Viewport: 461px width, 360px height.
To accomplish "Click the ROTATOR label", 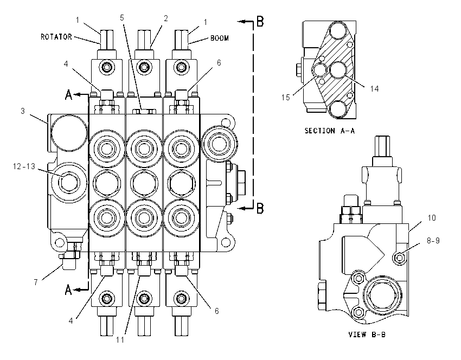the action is [x=56, y=37].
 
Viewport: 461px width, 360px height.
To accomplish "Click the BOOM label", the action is [x=219, y=38].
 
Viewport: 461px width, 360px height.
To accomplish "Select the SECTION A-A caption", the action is [x=330, y=131].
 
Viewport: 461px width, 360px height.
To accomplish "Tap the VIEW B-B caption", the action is [x=367, y=335].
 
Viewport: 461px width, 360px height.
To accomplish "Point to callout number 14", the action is [x=374, y=89].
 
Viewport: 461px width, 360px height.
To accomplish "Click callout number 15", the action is [x=285, y=97].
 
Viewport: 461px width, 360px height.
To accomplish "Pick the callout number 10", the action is [x=432, y=218].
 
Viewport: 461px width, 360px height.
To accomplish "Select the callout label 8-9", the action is [x=433, y=241].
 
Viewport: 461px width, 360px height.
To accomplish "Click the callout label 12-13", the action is [x=24, y=166].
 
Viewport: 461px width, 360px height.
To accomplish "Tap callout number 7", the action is [x=36, y=282].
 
